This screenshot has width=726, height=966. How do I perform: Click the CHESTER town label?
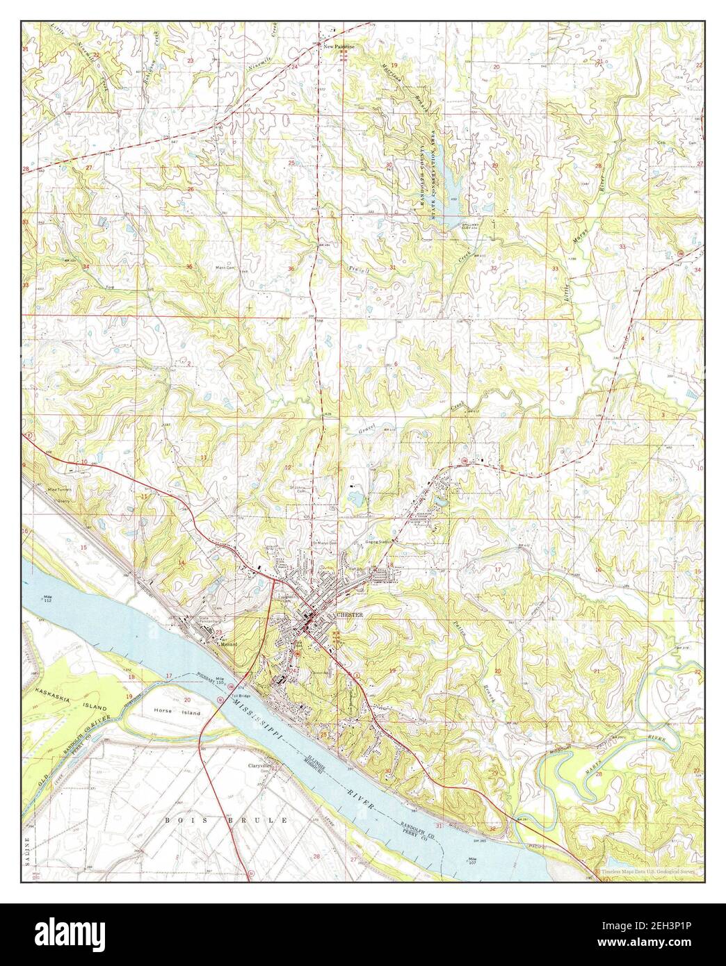[350, 616]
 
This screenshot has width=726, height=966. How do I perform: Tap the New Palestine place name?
[339, 46]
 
